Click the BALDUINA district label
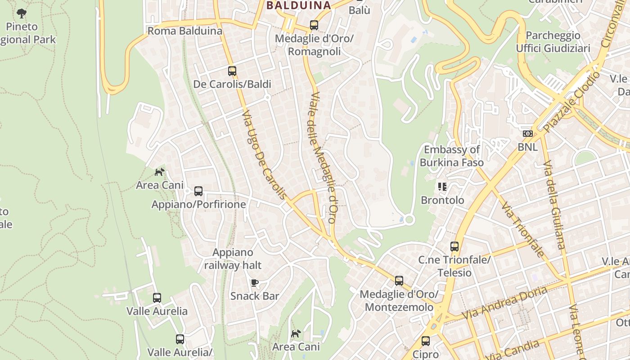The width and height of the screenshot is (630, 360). [x=298, y=5]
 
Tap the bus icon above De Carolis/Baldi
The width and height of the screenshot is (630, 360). [x=232, y=71]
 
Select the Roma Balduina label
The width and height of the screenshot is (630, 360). [x=185, y=31]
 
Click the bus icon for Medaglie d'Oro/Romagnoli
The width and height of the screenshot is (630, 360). [x=314, y=25]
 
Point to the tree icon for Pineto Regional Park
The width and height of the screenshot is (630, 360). [x=21, y=13]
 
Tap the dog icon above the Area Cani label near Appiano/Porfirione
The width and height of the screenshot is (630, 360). [x=159, y=172]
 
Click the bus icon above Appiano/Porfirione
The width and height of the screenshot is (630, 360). [x=198, y=191]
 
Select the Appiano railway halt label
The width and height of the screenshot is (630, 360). [x=233, y=259]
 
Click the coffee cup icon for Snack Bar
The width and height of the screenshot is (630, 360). [x=255, y=283]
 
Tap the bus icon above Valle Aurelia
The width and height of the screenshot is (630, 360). [x=157, y=297]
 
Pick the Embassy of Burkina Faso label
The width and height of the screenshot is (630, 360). [x=452, y=156]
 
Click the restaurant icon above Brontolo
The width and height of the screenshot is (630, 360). [x=442, y=186]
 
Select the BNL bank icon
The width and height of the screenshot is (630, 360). [x=527, y=134]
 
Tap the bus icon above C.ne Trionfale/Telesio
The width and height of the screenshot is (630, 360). [x=454, y=247]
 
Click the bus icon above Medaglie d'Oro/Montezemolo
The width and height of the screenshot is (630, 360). [x=399, y=281]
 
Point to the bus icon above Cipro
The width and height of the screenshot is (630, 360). [x=426, y=341]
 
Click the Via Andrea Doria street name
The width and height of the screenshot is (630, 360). [x=504, y=303]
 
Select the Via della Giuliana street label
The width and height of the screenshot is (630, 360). [x=553, y=205]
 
